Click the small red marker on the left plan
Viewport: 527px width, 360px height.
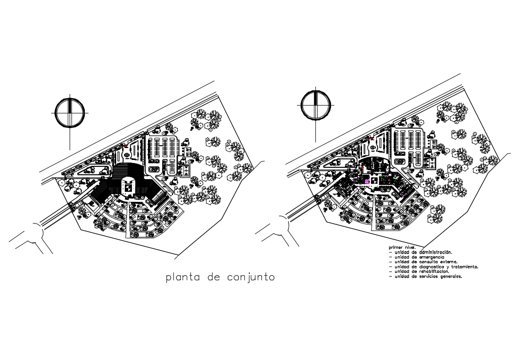tap(125, 146)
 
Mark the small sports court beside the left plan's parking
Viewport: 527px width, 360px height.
tap(186, 171)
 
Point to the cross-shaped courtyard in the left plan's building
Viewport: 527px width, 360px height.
tap(128, 187)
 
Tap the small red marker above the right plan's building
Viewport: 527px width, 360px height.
tap(372, 138)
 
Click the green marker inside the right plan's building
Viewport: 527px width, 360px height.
tap(395, 177)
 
